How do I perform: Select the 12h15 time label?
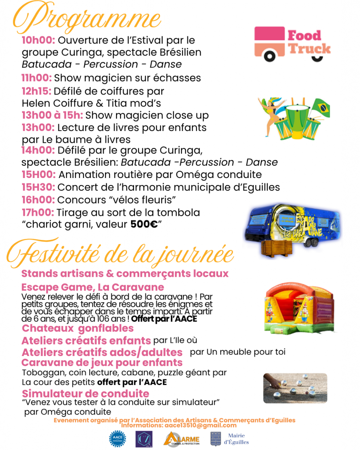(36, 91)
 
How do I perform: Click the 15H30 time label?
(39, 187)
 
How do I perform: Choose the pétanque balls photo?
(295, 388)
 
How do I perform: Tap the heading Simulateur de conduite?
(85, 393)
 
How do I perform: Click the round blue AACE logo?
(117, 439)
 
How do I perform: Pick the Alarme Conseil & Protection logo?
(182, 439)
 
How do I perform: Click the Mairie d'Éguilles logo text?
(238, 439)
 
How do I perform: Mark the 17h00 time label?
(38, 213)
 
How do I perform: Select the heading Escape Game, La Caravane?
(92, 287)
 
